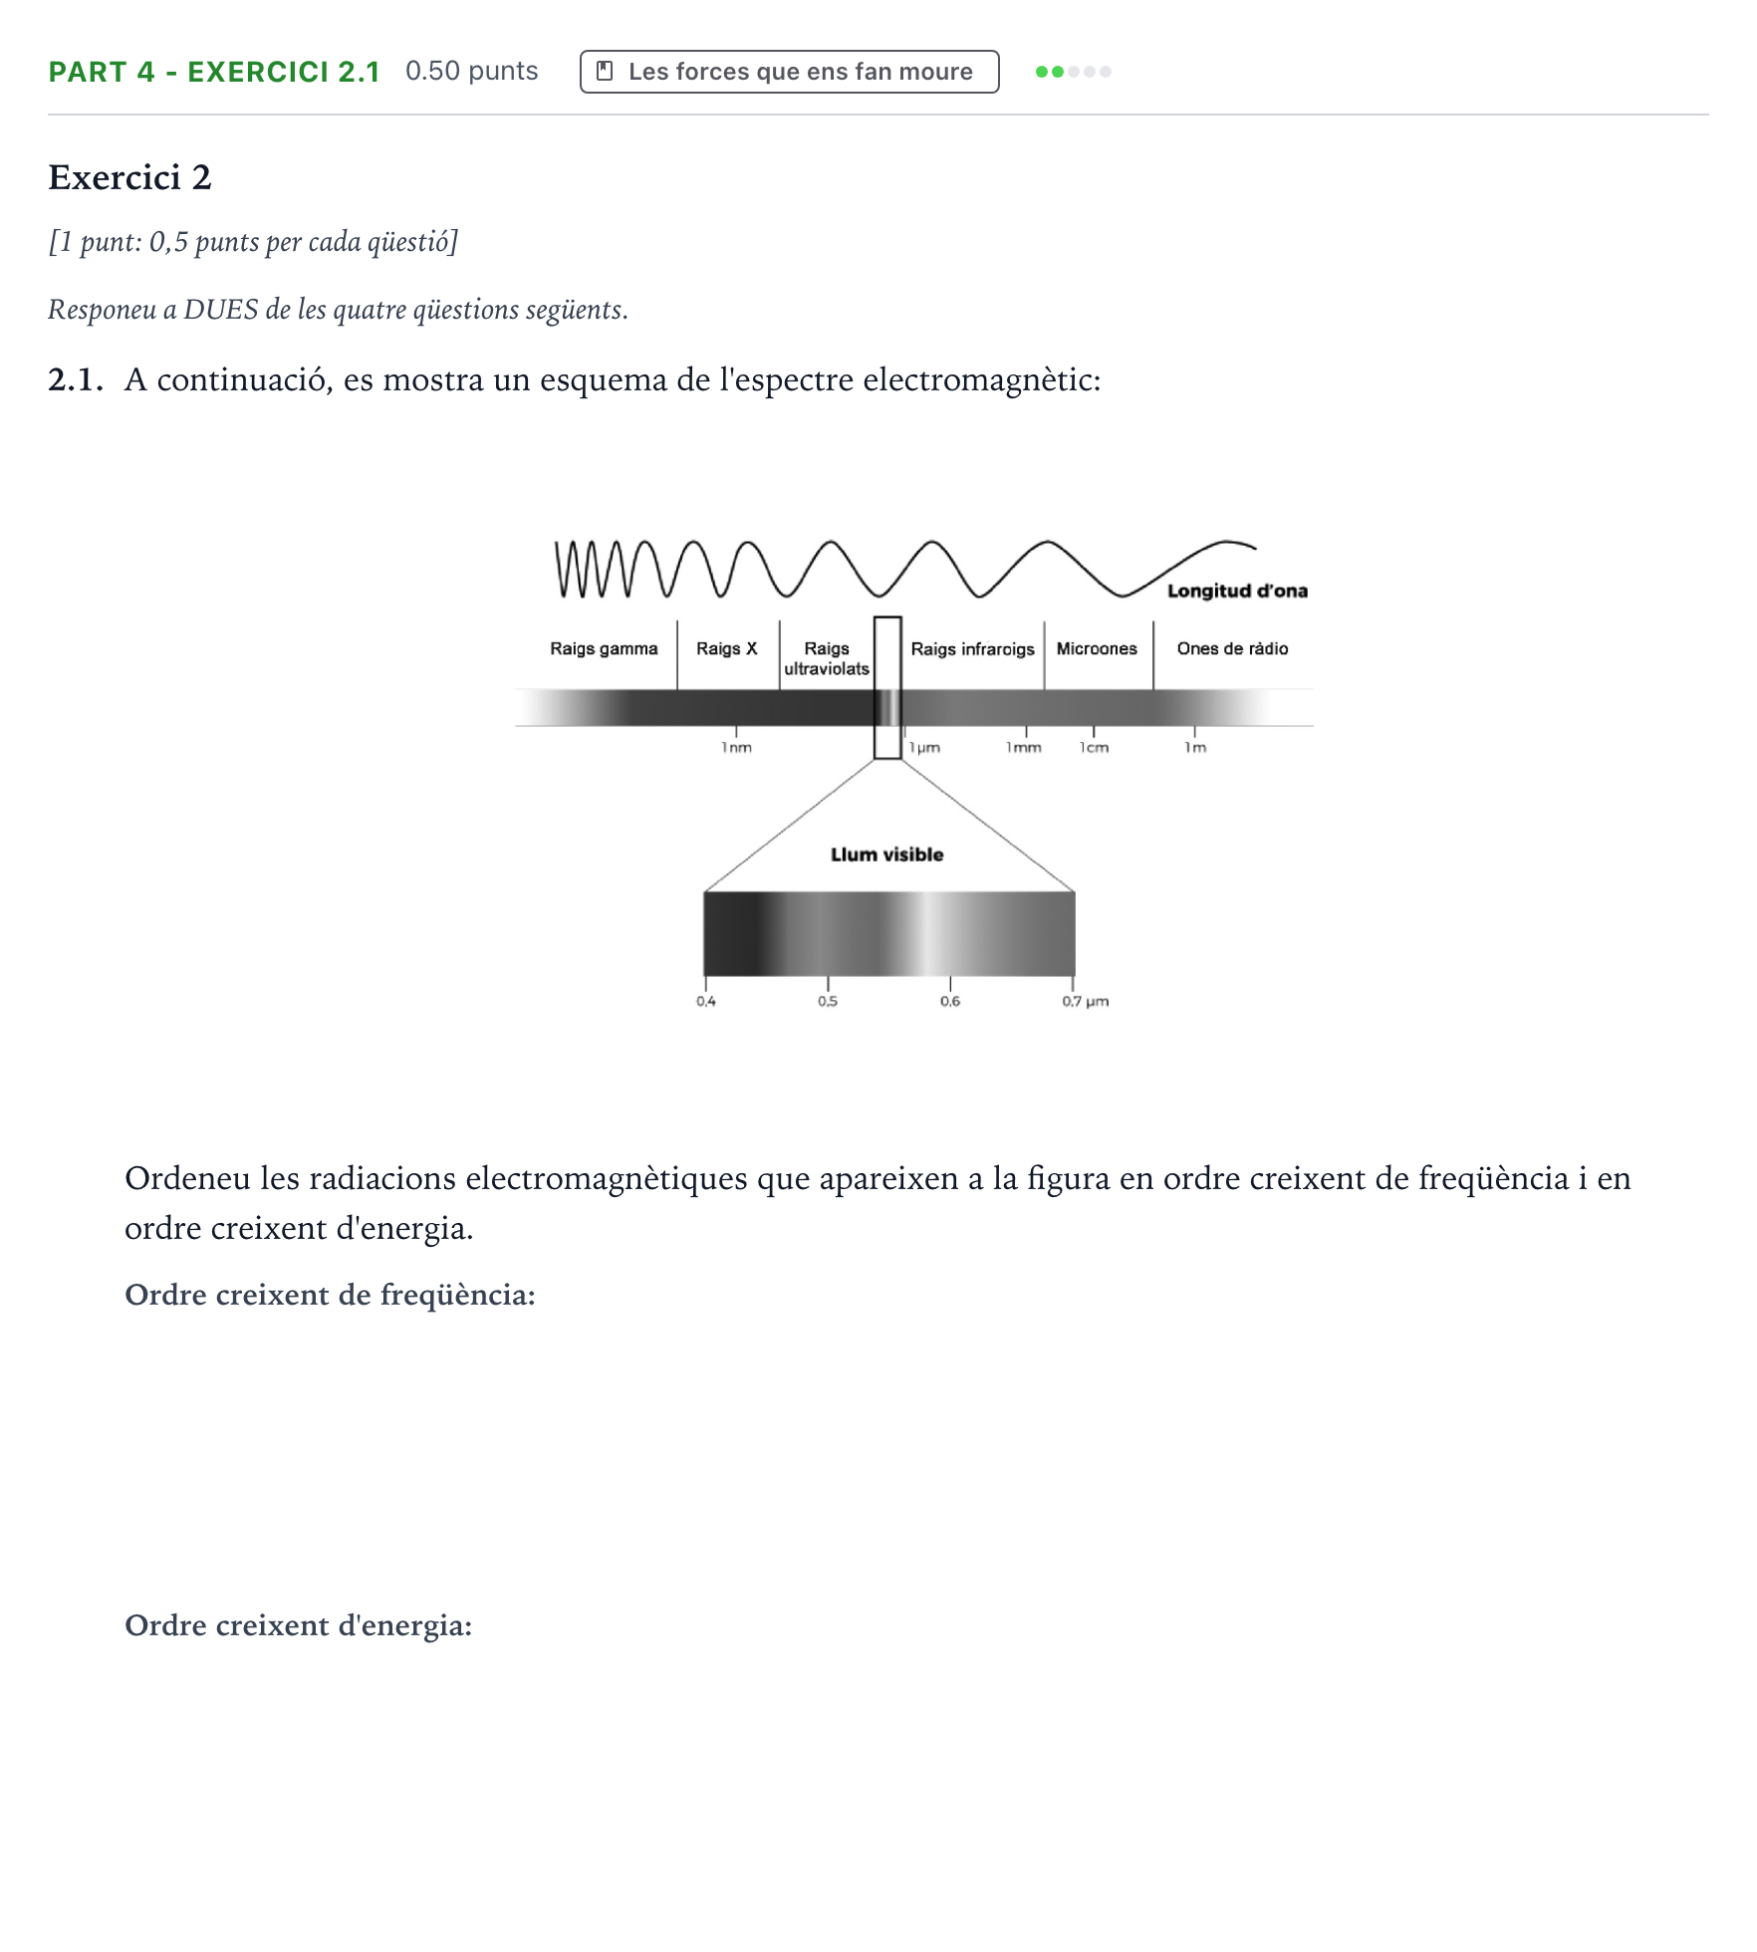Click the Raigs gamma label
click(x=604, y=649)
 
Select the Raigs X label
click(x=726, y=648)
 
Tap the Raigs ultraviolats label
click(x=827, y=658)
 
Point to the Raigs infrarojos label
click(x=972, y=649)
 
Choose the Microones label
click(x=1097, y=648)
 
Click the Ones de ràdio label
click(x=1232, y=648)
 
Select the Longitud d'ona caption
click(x=1237, y=591)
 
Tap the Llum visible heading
click(x=886, y=854)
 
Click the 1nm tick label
click(x=737, y=747)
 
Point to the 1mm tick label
click(x=1024, y=747)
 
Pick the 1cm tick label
click(x=1095, y=747)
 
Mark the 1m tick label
click(x=1195, y=747)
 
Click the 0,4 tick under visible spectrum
click(x=706, y=1001)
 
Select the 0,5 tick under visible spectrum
click(x=828, y=1001)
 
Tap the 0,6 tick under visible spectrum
click(x=950, y=1001)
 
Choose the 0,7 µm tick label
click(x=1086, y=1001)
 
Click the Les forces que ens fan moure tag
click(x=790, y=72)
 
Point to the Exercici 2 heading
click(x=129, y=177)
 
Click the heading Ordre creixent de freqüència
click(x=330, y=1295)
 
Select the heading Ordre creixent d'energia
click(x=298, y=1625)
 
